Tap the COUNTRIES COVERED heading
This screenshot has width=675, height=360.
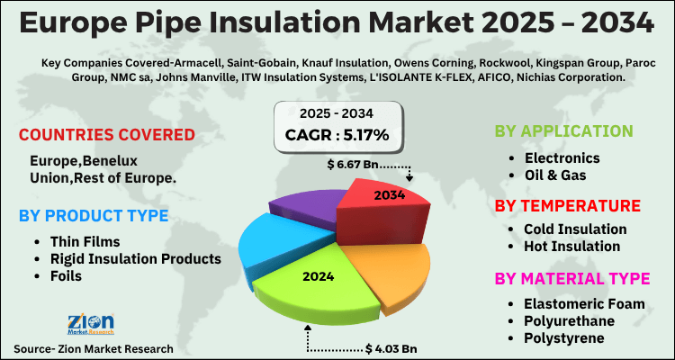click(107, 135)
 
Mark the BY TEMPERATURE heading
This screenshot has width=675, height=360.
click(567, 205)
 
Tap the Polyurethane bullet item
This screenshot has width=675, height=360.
click(571, 319)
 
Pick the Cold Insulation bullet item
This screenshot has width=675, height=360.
click(575, 229)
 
